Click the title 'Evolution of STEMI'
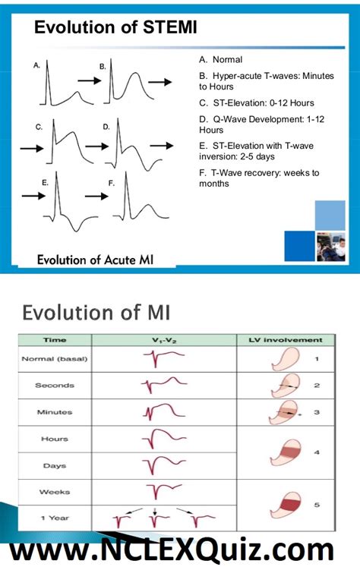tap(115, 29)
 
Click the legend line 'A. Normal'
tap(221, 59)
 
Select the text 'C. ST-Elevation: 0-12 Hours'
tap(256, 102)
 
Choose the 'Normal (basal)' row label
tap(53, 358)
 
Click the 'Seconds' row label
tap(53, 385)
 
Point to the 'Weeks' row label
tap(53, 492)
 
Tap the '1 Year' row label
tap(53, 518)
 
